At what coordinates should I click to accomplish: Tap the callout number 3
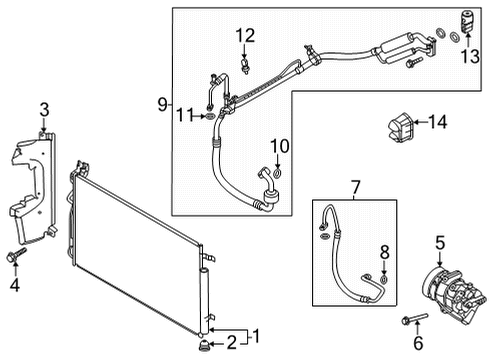(x=44, y=109)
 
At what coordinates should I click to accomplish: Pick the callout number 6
(x=418, y=343)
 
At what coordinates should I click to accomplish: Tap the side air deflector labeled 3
(x=30, y=185)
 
